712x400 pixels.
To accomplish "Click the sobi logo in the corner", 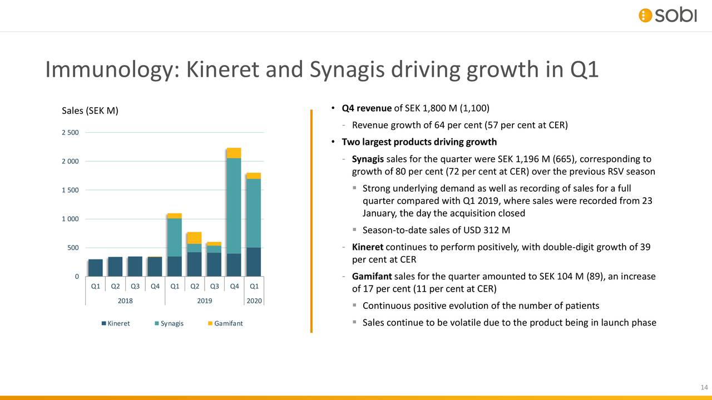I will [667, 15].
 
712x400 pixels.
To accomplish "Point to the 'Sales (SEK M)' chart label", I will [90, 111].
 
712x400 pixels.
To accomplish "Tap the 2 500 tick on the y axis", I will [70, 132].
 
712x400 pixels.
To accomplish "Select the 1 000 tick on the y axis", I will [70, 219].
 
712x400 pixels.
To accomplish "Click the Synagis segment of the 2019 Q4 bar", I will [234, 206].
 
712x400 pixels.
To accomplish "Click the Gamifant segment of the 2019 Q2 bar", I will [194, 238].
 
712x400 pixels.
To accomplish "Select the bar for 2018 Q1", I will [96, 267].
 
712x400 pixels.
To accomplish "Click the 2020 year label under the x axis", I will [254, 301].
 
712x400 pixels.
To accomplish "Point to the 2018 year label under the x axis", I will [125, 301].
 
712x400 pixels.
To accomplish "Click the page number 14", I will [703, 387].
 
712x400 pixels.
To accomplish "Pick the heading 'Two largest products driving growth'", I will [419, 142].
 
